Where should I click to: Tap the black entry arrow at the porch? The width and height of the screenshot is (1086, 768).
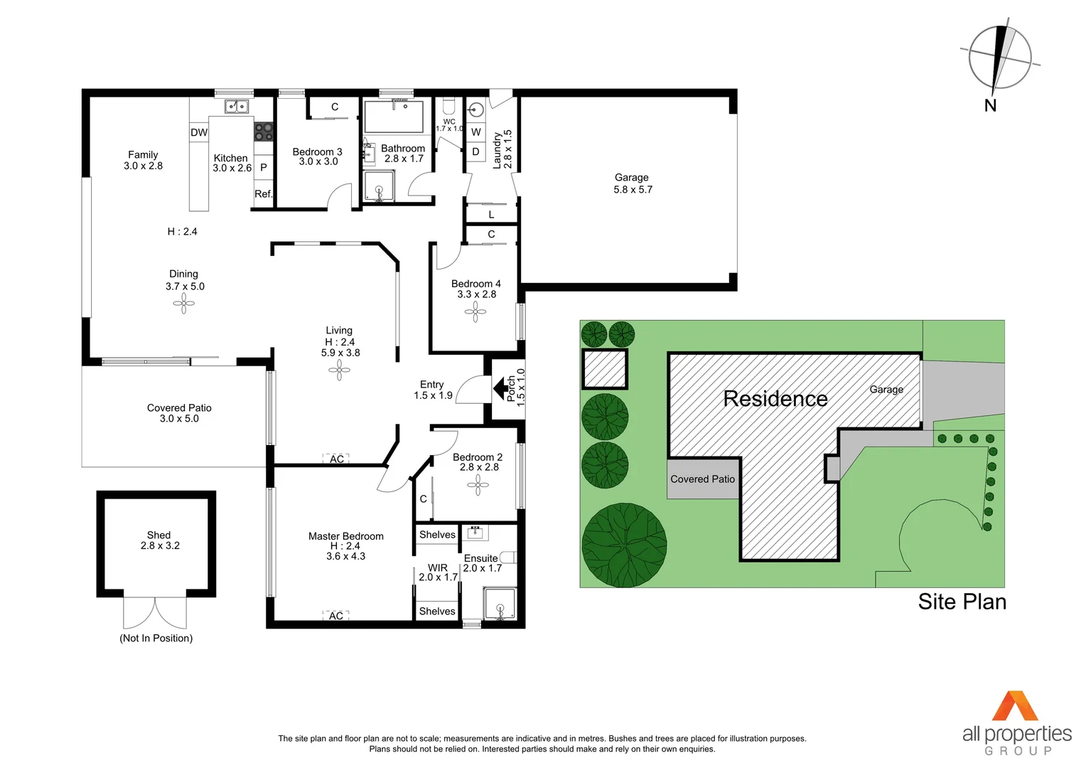click(x=505, y=388)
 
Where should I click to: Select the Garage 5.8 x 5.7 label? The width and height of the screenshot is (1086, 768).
click(x=632, y=183)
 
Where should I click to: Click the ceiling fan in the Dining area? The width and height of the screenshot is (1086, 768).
click(x=183, y=304)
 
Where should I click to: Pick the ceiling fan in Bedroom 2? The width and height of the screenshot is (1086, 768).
click(x=478, y=485)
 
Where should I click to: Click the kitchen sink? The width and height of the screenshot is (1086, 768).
click(x=236, y=107)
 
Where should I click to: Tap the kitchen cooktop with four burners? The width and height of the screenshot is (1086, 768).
click(x=263, y=131)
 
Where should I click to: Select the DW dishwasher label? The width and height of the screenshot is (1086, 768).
click(x=199, y=132)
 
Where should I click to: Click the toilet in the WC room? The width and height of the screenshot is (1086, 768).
click(x=448, y=107)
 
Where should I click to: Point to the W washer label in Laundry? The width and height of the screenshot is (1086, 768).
click(x=476, y=132)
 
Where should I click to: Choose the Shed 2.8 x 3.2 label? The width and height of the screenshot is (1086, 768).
click(x=159, y=540)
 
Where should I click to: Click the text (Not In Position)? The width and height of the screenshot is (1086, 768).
click(x=156, y=639)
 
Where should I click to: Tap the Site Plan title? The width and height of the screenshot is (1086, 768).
click(x=962, y=602)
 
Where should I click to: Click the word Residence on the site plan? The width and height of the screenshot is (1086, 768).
click(x=775, y=399)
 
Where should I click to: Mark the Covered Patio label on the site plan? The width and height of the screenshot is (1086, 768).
click(x=702, y=479)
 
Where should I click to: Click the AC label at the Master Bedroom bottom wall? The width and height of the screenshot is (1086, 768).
click(x=336, y=616)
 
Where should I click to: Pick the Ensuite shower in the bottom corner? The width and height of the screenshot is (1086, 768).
click(x=500, y=604)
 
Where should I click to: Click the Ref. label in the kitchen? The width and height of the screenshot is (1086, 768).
click(x=263, y=194)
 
